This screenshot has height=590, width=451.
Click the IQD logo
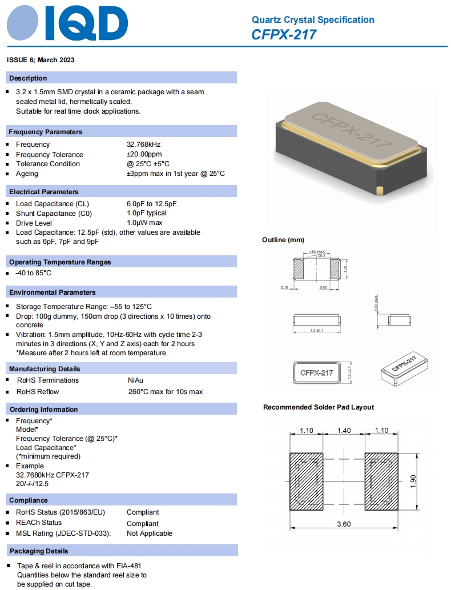click(x=67, y=24)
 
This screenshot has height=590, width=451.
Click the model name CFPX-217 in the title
click(x=284, y=35)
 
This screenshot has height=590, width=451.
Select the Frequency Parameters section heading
click(x=46, y=132)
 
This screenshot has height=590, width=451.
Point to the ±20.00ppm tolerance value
click(x=144, y=154)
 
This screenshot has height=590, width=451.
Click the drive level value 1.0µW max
click(x=144, y=223)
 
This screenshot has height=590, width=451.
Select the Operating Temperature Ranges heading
click(x=60, y=262)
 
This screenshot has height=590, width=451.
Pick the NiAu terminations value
click(x=135, y=380)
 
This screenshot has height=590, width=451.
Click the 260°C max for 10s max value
click(x=165, y=392)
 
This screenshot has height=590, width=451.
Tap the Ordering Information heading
click(x=43, y=410)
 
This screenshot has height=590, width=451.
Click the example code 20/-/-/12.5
click(x=33, y=484)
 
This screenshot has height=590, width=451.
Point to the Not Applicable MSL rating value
click(x=149, y=533)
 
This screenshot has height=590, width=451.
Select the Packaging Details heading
click(x=39, y=551)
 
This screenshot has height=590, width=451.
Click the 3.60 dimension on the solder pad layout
click(x=344, y=524)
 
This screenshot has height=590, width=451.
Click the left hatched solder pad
click(x=306, y=481)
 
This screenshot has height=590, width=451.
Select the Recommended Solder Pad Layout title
click(x=319, y=407)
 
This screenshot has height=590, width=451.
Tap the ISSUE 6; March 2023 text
click(x=41, y=60)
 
